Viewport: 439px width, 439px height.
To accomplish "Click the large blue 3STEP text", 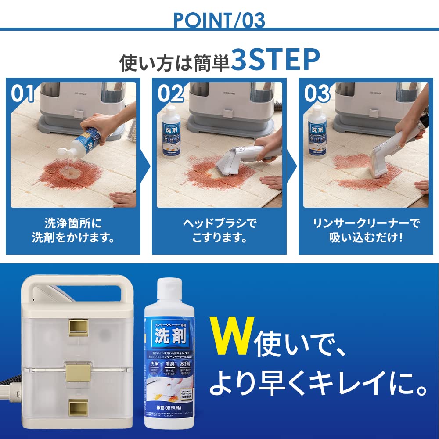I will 275,60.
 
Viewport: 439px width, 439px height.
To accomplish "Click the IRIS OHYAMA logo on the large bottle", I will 169,406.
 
